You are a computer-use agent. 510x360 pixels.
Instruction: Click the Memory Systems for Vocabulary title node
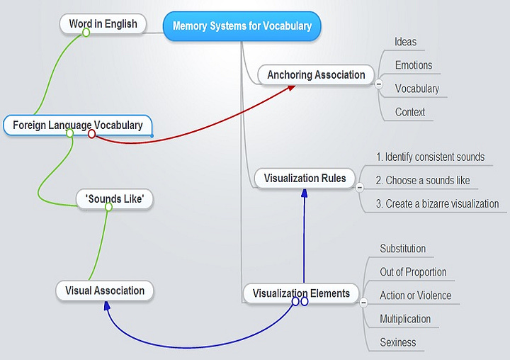[242, 26]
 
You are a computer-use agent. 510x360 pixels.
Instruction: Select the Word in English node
[103, 24]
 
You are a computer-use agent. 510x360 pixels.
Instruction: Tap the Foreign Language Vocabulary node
[77, 125]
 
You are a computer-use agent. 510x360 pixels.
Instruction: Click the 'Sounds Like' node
[115, 199]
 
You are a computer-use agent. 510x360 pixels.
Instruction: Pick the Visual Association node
[105, 291]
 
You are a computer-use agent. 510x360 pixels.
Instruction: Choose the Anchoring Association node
[316, 74]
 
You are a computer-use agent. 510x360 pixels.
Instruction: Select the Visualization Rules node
[305, 178]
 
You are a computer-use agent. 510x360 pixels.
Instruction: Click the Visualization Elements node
[301, 293]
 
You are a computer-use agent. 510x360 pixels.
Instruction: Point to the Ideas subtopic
[406, 42]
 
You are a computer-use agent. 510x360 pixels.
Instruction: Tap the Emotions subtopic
[414, 65]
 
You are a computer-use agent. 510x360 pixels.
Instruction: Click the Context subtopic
[410, 112]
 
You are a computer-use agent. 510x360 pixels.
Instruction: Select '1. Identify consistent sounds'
[430, 157]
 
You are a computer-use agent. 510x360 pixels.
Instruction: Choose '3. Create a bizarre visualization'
[437, 203]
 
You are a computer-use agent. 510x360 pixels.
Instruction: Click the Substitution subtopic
[403, 249]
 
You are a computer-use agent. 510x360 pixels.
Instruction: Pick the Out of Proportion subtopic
[413, 272]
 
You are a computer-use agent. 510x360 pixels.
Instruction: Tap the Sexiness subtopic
[398, 342]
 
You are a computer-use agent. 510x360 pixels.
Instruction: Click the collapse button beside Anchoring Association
[379, 84]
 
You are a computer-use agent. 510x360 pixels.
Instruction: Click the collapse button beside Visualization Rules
[359, 187]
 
